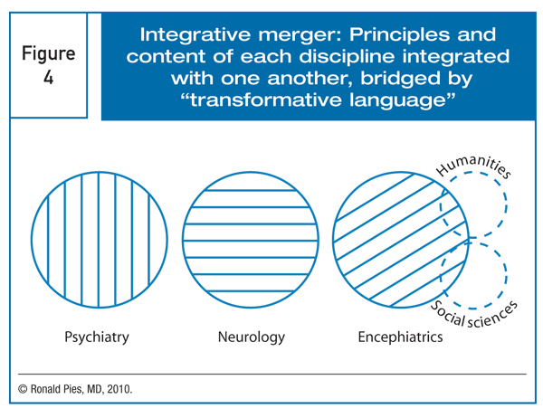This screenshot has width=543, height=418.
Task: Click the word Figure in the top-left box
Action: click(x=49, y=53)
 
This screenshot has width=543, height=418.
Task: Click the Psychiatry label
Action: click(x=96, y=338)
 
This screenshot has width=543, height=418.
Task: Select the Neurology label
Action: click(x=252, y=338)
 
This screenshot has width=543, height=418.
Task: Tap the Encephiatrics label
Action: click(x=399, y=338)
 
